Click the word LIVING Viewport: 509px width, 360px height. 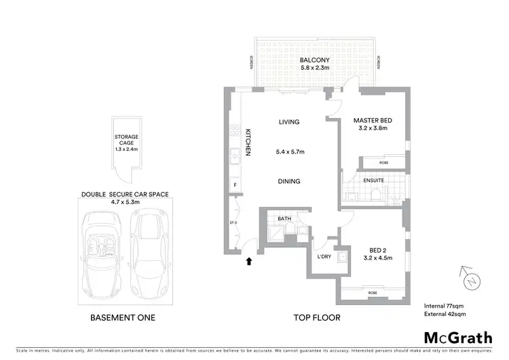click(x=289, y=122)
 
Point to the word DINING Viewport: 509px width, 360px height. click(x=289, y=181)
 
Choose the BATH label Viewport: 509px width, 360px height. click(x=284, y=219)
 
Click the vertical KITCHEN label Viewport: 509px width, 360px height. click(x=248, y=142)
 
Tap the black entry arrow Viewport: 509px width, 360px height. click(x=248, y=260)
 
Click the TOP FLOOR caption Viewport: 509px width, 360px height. click(x=316, y=317)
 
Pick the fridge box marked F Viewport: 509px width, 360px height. click(x=234, y=185)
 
